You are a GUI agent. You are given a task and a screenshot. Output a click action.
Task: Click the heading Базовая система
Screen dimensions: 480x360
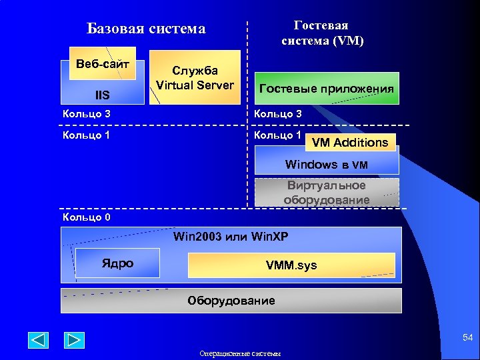click(x=146, y=29)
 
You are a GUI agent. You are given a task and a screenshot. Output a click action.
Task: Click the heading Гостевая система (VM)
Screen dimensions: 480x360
click(x=321, y=33)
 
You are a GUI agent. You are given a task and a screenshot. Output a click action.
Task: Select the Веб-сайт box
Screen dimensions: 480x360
click(x=102, y=64)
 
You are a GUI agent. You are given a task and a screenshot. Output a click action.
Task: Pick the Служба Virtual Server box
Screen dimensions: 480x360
click(x=195, y=78)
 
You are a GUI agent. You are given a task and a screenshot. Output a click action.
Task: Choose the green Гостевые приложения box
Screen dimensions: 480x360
click(x=326, y=89)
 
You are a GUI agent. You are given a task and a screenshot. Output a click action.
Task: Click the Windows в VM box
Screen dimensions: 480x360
click(x=326, y=164)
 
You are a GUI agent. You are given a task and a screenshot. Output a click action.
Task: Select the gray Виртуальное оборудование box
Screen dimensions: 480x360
click(x=326, y=192)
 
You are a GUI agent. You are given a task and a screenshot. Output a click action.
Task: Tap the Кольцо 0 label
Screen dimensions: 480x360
click(x=86, y=217)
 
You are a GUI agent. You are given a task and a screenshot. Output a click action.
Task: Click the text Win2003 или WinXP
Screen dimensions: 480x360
click(x=231, y=237)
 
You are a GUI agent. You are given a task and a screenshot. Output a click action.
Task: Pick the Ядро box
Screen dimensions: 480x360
click(x=117, y=263)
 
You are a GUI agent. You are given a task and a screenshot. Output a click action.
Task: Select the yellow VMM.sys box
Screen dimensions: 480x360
click(x=291, y=265)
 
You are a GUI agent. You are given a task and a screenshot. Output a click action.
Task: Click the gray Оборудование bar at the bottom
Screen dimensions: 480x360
click(x=231, y=301)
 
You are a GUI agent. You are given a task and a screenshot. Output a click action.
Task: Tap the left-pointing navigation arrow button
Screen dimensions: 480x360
click(x=38, y=340)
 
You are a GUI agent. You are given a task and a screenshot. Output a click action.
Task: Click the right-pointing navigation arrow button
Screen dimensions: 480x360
click(x=74, y=340)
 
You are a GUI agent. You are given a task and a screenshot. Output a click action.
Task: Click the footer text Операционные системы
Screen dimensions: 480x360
click(x=240, y=353)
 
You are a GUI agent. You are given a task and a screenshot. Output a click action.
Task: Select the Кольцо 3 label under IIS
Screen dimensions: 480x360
click(x=86, y=114)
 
